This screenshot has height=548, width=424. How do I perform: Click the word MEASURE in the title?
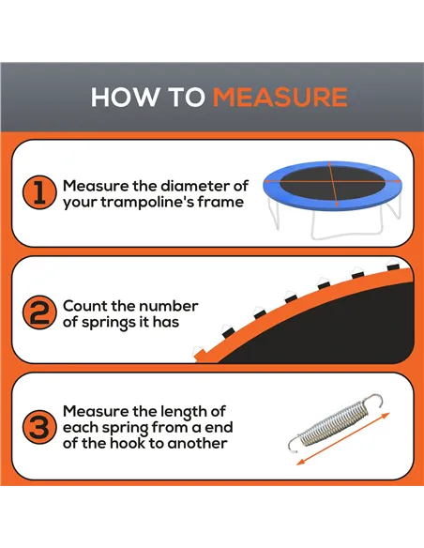[280, 98]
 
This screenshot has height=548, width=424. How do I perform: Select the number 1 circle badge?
[38, 193]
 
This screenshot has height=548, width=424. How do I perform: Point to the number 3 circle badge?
[38, 428]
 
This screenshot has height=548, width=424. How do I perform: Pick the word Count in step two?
[84, 306]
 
